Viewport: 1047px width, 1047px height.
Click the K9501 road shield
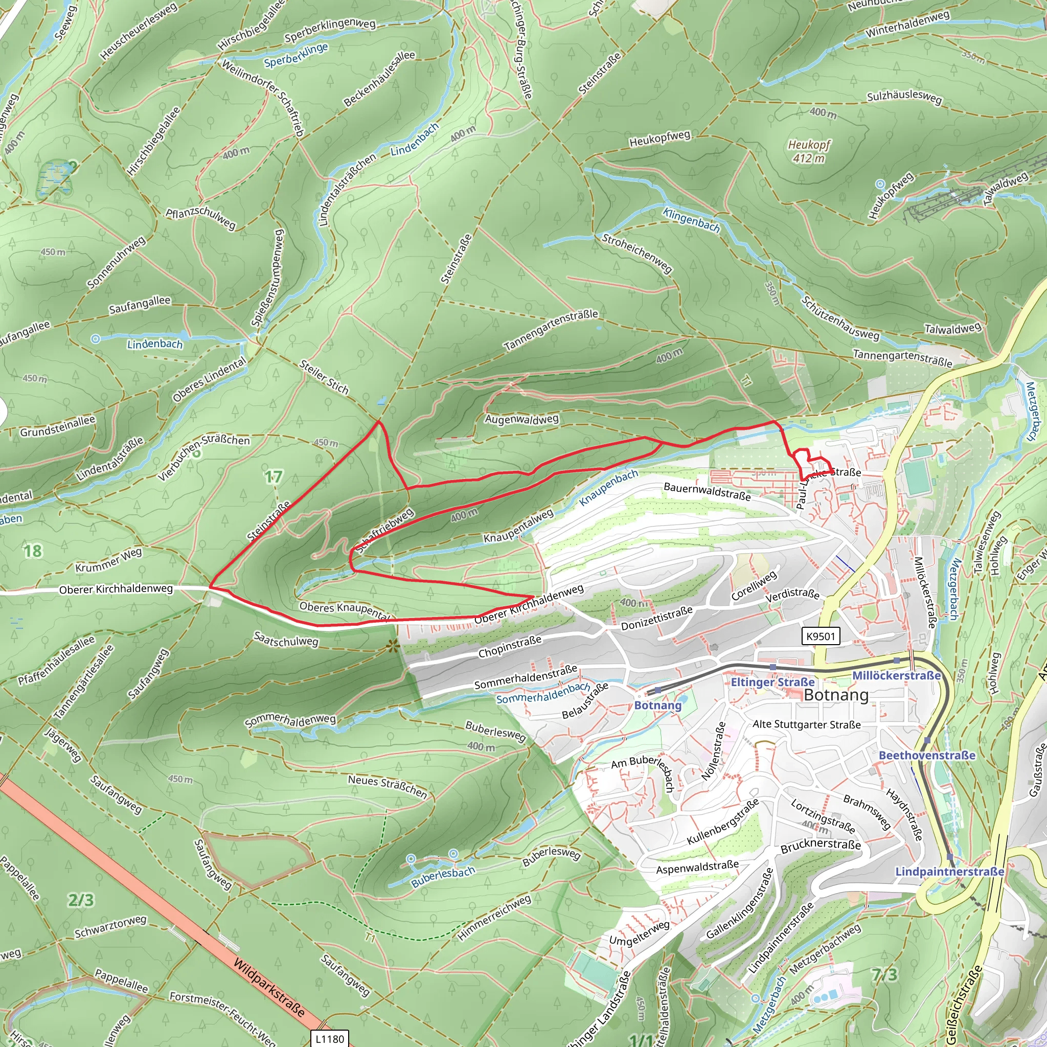coord(821,635)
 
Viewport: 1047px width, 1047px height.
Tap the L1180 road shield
coord(330,1038)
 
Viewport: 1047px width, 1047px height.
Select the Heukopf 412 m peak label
coord(809,151)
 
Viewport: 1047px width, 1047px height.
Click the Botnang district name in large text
coord(836,695)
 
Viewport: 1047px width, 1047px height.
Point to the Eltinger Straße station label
coord(772,682)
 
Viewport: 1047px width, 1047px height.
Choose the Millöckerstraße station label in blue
coord(896,676)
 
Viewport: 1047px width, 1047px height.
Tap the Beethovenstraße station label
coord(927,756)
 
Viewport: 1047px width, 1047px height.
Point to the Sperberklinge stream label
coord(297,55)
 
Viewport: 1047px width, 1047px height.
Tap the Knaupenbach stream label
coord(608,488)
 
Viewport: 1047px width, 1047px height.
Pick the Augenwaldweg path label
coord(521,419)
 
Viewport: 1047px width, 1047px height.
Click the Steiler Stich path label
coord(324,377)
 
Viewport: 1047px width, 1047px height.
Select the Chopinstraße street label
coord(509,647)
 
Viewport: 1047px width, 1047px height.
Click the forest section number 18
coord(32,551)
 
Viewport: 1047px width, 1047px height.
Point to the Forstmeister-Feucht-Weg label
coord(223,1018)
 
